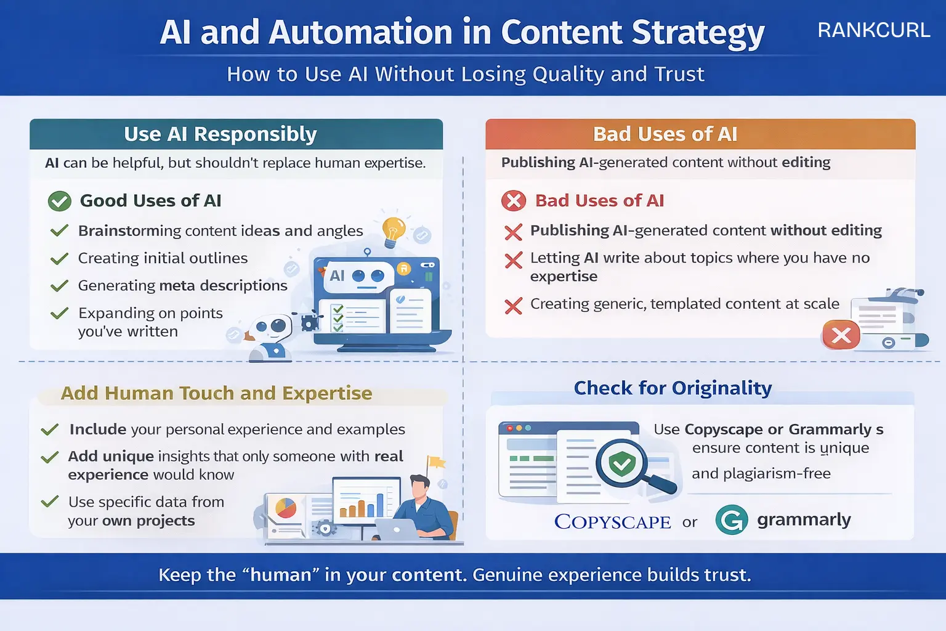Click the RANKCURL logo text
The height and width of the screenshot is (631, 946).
pos(873,30)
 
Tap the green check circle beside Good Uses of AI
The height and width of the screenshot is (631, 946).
pos(60,201)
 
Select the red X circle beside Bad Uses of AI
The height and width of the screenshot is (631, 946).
pos(514,201)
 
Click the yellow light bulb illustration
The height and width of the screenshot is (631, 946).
pos(394,231)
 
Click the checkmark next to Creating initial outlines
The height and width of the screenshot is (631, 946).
pos(59,259)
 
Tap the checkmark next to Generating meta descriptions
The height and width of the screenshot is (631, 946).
pos(59,286)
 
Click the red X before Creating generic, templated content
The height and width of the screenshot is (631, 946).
pos(513,306)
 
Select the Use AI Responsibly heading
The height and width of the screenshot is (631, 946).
pos(220,134)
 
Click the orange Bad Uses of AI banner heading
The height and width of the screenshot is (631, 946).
pos(665,134)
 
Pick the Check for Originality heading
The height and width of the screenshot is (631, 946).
pos(673,388)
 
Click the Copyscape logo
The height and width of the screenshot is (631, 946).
pos(612,522)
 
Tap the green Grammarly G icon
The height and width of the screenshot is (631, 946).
pos(732,519)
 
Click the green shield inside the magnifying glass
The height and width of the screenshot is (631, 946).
pos(622,463)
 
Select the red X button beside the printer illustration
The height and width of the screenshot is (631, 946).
pos(841,335)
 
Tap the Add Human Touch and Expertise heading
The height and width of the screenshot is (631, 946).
pos(216,393)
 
